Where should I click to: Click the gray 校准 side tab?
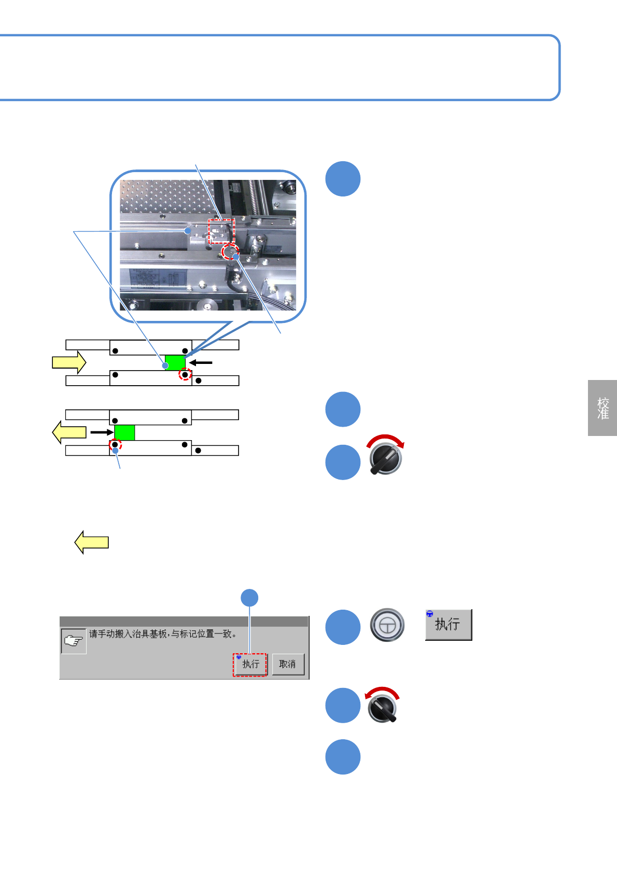[602, 408]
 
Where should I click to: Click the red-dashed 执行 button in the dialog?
[250, 665]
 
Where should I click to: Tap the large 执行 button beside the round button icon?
[448, 625]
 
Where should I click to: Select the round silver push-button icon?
[387, 625]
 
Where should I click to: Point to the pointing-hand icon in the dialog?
[74, 641]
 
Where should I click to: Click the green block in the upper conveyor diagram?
[175, 362]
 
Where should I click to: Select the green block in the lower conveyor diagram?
[124, 432]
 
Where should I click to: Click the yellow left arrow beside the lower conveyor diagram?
[69, 432]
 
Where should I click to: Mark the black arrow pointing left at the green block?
[200, 362]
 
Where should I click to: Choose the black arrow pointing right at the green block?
[102, 432]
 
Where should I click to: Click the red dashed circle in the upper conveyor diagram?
[185, 374]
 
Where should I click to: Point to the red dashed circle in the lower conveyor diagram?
[115, 445]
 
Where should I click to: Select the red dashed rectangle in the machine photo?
[221, 231]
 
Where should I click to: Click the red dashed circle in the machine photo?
[229, 252]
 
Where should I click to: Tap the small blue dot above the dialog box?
[250, 598]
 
